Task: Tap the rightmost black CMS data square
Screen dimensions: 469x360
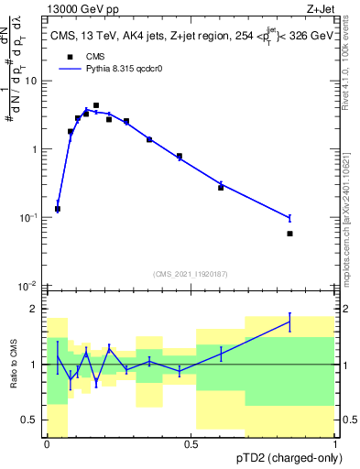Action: click(289, 234)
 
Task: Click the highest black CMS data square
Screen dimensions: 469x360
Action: click(96, 106)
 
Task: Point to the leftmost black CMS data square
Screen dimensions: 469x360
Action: click(58, 209)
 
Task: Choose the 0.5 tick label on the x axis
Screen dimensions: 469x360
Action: click(191, 444)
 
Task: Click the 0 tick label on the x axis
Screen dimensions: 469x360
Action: click(47, 444)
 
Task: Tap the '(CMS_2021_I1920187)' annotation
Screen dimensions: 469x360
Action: click(191, 273)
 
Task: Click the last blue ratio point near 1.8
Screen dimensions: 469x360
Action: click(289, 322)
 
